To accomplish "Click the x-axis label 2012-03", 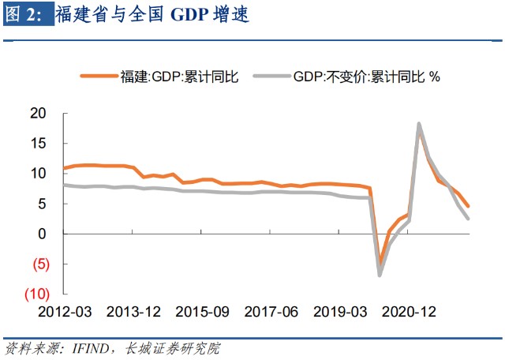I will [x=65, y=312].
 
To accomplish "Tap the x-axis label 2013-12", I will [x=133, y=312].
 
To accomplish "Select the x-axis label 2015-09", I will [x=202, y=312].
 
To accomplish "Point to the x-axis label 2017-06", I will [x=271, y=312].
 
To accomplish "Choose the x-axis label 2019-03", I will [x=339, y=312].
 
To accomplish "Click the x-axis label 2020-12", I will [x=409, y=312].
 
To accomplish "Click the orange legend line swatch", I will [x=98, y=77].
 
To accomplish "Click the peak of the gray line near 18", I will [x=418, y=124].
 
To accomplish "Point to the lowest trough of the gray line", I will [x=380, y=275].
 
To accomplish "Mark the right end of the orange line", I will [x=468, y=206].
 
